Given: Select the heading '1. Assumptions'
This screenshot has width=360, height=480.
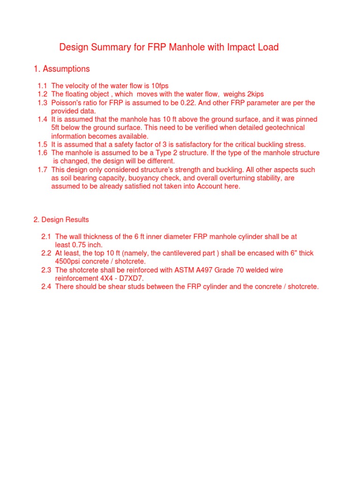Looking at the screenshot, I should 61,69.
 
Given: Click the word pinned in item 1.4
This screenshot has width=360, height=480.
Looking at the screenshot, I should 307,120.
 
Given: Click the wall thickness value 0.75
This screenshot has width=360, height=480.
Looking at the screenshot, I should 80,245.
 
